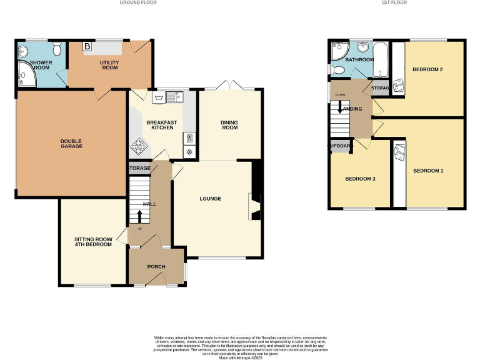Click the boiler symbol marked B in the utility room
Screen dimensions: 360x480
coord(87,46)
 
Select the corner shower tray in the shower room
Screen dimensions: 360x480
coord(27,74)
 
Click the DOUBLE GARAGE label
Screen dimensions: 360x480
coord(71,144)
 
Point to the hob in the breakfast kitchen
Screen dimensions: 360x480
coord(137,148)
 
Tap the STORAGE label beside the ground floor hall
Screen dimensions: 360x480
coord(139,168)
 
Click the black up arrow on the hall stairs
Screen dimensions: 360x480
coord(139,216)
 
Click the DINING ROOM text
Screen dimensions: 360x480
coord(230,125)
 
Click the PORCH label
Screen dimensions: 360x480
coord(156,267)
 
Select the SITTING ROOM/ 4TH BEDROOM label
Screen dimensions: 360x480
coord(93,242)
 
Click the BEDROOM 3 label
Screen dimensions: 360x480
coord(360,179)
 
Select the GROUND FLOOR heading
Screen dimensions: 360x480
coord(138,2)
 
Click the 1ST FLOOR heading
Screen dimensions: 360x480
coord(394,2)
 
